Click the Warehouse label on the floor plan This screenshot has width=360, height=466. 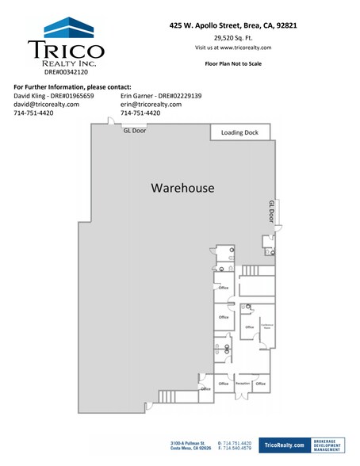183,189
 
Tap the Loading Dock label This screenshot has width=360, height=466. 240,132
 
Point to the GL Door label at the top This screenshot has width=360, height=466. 135,132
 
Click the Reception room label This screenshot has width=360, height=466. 243,384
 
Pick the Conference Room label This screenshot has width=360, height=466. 266,326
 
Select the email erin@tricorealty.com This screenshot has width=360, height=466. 151,105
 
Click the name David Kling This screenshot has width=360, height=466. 32,96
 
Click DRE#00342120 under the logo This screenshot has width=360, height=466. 66,71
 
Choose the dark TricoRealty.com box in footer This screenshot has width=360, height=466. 282,447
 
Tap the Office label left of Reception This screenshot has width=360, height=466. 224,384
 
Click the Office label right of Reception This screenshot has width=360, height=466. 261,384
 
